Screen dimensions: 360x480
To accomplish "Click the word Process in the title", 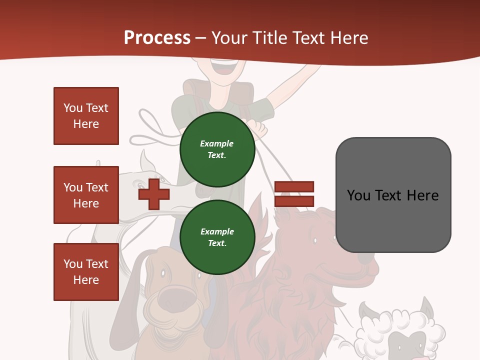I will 157,38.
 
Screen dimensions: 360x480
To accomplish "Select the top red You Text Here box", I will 86,116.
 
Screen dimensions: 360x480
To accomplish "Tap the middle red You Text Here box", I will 86,195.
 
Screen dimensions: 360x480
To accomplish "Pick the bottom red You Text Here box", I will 86,271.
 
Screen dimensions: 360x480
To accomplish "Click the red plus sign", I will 153,194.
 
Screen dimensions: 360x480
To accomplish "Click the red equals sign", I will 294,194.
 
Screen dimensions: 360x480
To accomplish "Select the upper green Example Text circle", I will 217,149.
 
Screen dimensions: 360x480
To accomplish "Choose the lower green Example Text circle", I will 217,237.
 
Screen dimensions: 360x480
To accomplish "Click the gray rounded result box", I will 393,195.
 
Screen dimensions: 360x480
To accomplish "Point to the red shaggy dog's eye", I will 315,240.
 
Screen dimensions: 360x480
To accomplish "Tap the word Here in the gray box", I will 422,195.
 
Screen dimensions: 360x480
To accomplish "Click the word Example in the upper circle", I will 217,143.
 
